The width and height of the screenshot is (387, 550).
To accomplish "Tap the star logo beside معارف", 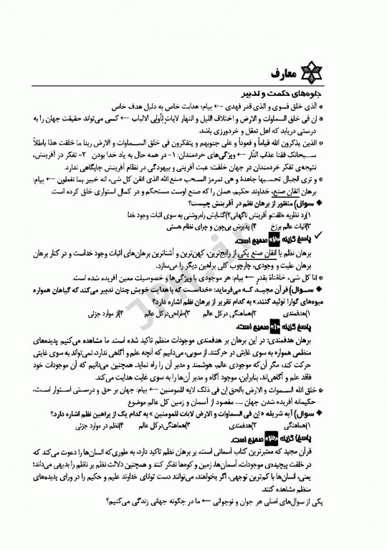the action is coord(339,74).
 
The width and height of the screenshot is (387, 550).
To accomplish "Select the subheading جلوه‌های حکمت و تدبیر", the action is coord(318,93).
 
